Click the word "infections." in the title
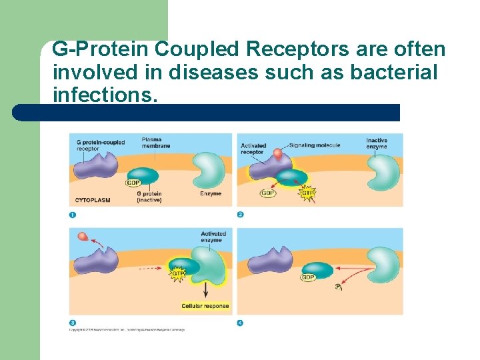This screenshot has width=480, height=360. (x=105, y=95)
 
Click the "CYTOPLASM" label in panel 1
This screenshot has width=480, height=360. (x=93, y=199)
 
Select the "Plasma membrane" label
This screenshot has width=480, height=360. (x=155, y=143)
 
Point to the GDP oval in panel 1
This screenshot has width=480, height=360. (x=134, y=183)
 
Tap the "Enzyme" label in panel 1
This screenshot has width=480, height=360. (x=210, y=194)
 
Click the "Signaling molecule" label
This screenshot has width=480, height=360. (x=315, y=145)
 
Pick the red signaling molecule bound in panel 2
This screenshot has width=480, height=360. (x=277, y=154)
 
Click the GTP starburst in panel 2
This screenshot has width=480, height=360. (x=307, y=193)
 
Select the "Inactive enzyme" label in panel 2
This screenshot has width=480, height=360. (x=376, y=143)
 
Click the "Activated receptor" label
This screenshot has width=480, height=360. (x=253, y=149)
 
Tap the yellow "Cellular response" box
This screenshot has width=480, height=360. (x=205, y=307)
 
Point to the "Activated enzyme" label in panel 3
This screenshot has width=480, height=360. (x=213, y=237)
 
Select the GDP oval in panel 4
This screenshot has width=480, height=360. (x=308, y=277)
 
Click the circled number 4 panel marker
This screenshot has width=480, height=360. (x=240, y=323)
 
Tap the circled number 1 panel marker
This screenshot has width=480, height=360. (x=72, y=215)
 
